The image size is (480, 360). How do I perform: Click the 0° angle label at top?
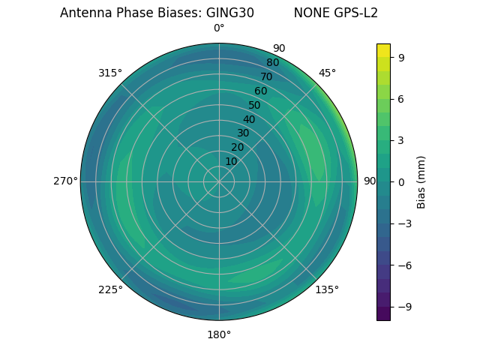[x=219, y=28]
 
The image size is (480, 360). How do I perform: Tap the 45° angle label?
[x=327, y=73]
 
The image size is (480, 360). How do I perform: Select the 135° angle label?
[x=327, y=289]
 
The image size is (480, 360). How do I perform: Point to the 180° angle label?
[x=219, y=334]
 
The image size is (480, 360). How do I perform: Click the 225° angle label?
[x=110, y=290]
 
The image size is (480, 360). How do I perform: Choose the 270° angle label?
[x=65, y=181]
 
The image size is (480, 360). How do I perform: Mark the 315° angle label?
[x=110, y=73]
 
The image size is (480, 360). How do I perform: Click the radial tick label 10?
[x=231, y=161]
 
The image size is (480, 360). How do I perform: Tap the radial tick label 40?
[x=249, y=119]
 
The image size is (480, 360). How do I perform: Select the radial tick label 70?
[x=266, y=76]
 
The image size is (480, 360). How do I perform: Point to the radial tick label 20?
[x=237, y=147]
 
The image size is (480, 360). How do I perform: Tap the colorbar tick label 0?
[x=401, y=181]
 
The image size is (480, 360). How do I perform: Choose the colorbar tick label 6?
[x=401, y=98]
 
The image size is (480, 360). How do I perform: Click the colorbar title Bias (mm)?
[x=421, y=181]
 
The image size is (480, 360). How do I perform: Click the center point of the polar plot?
[x=219, y=181]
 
